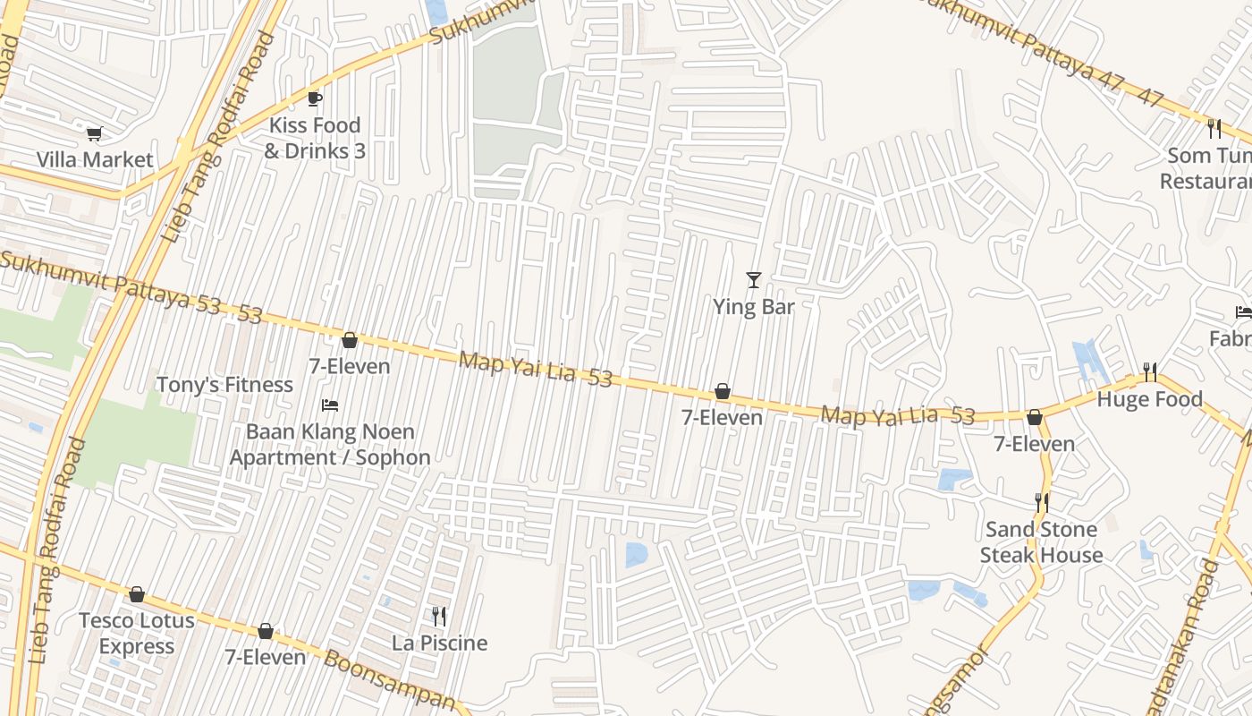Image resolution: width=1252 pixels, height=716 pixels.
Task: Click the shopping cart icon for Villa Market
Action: (x=94, y=134)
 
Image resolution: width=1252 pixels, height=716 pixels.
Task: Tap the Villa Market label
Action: (x=95, y=160)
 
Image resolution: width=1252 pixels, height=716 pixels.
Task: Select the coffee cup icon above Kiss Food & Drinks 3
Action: (x=314, y=98)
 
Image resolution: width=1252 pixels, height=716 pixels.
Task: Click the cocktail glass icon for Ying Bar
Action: (x=753, y=280)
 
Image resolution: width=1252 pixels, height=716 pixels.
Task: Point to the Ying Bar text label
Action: (x=753, y=307)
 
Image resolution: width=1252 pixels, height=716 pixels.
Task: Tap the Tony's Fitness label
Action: (x=224, y=385)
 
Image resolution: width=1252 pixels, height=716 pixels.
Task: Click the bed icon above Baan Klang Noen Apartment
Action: (x=330, y=405)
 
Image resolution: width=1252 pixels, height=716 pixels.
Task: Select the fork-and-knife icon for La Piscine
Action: (x=439, y=617)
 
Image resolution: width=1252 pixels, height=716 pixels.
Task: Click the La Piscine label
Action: (x=439, y=644)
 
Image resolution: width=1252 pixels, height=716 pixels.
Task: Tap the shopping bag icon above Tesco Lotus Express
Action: (x=137, y=594)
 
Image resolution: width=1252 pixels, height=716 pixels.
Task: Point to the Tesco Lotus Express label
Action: (x=137, y=634)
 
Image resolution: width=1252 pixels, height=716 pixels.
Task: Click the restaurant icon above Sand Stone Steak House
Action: (x=1041, y=503)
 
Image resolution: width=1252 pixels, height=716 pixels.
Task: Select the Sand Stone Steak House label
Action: (x=1041, y=542)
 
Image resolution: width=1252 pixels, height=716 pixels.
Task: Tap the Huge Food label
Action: (x=1149, y=399)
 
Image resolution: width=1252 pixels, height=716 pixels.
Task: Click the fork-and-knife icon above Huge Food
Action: (x=1150, y=371)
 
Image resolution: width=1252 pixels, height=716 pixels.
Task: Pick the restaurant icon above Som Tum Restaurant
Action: (x=1214, y=129)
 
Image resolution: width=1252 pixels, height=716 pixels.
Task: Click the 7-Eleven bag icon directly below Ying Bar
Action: (x=722, y=392)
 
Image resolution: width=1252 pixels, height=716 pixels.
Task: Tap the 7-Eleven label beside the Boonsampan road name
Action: (x=265, y=658)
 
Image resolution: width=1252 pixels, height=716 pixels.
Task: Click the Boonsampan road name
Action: (x=389, y=680)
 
